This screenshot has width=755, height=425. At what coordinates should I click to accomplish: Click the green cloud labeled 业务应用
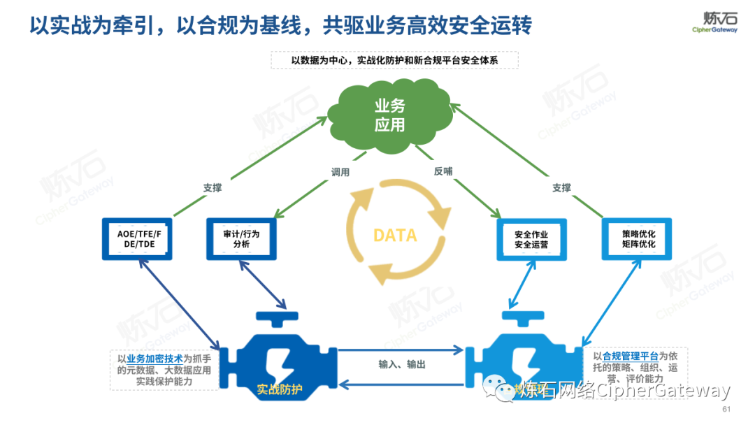coord(389,116)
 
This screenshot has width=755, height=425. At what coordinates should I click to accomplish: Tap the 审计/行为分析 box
coord(241,239)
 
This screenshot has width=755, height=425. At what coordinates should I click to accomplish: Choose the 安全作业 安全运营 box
coord(531,239)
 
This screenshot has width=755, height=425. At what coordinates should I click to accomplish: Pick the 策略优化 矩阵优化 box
coord(637,239)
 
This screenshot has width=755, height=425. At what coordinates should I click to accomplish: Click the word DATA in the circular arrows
coord(395,236)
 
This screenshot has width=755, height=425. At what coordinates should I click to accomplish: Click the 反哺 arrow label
coord(443,171)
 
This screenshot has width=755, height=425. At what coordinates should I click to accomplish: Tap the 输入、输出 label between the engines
coord(402,364)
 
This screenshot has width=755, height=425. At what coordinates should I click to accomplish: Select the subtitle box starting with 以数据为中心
coord(394,61)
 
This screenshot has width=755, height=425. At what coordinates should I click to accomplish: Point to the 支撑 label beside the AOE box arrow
coord(212,188)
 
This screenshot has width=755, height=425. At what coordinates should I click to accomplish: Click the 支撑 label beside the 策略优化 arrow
coord(561,187)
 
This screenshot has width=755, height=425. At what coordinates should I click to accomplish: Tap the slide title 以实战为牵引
coord(280,26)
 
